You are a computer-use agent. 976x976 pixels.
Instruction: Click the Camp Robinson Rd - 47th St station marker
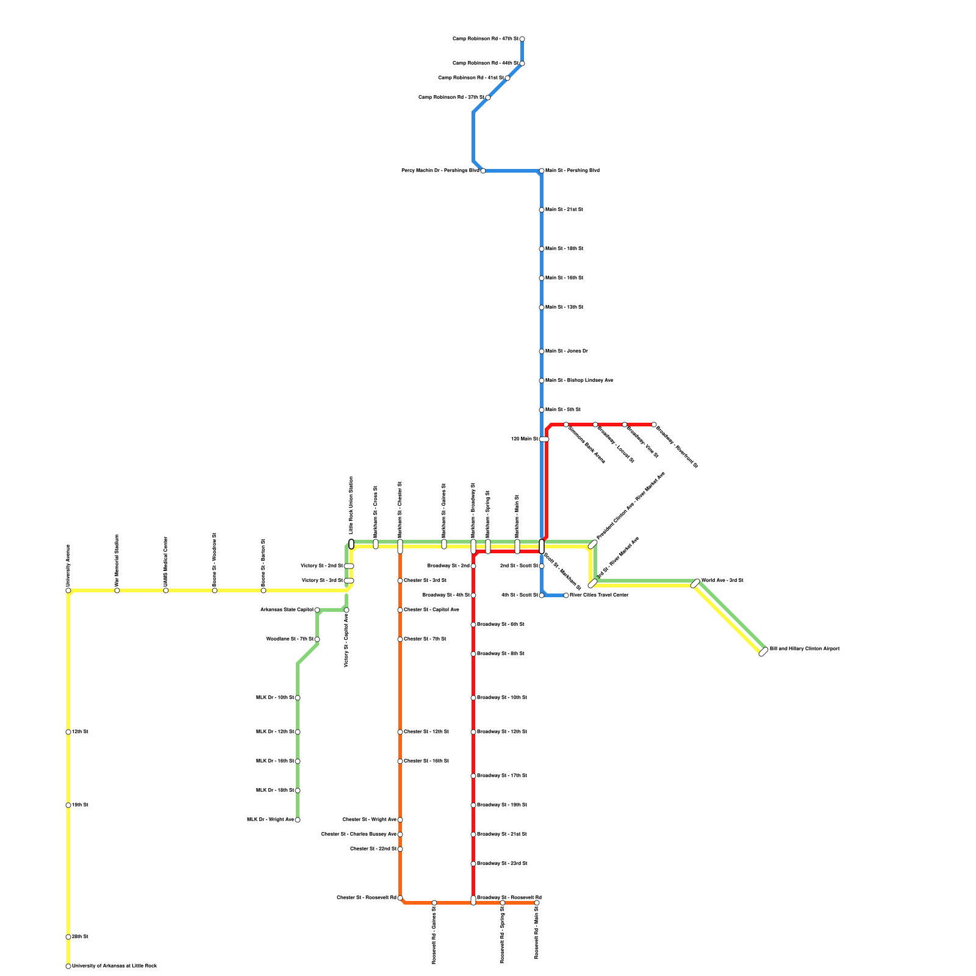pyautogui.click(x=522, y=39)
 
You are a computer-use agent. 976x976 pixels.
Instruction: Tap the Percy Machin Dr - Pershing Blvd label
pyautogui.click(x=440, y=171)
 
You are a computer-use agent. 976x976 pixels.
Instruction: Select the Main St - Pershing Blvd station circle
pyautogui.click(x=542, y=171)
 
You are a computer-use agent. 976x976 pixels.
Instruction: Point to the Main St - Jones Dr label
pyautogui.click(x=567, y=351)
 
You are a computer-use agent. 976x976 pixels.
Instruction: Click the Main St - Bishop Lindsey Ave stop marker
pyautogui.click(x=542, y=381)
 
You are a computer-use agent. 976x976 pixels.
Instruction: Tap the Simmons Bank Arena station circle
pyautogui.click(x=566, y=425)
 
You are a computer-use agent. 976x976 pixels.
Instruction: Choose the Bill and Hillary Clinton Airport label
pyautogui.click(x=805, y=649)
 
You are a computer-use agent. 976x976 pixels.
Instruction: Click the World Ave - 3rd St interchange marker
pyautogui.click(x=695, y=583)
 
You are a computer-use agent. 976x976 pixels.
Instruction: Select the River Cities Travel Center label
pyautogui.click(x=599, y=595)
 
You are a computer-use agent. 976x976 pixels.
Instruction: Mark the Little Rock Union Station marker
pyautogui.click(x=351, y=544)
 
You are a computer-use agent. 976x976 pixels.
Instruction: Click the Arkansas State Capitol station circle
pyautogui.click(x=317, y=610)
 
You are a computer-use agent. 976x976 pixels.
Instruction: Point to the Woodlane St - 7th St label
pyautogui.click(x=290, y=639)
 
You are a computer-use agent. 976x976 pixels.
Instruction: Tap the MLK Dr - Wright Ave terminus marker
pyautogui.click(x=298, y=820)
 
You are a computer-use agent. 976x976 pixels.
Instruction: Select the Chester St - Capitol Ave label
pyautogui.click(x=431, y=610)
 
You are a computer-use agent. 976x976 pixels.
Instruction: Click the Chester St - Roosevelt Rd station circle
pyautogui.click(x=400, y=898)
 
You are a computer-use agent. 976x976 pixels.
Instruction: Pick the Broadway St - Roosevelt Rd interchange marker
pyautogui.click(x=473, y=900)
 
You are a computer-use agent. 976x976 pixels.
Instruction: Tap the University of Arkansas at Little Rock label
pyautogui.click(x=114, y=966)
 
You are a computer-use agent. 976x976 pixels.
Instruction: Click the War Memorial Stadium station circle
pyautogui.click(x=117, y=590)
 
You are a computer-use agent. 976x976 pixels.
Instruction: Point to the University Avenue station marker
pyautogui.click(x=68, y=590)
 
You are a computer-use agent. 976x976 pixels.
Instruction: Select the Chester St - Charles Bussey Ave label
pyautogui.click(x=359, y=834)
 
